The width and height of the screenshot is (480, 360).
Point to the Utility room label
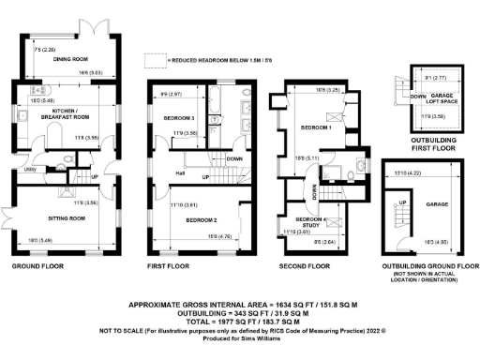point(29,170)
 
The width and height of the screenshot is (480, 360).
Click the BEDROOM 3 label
point(178,118)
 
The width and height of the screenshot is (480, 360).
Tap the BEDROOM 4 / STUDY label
point(311,222)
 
